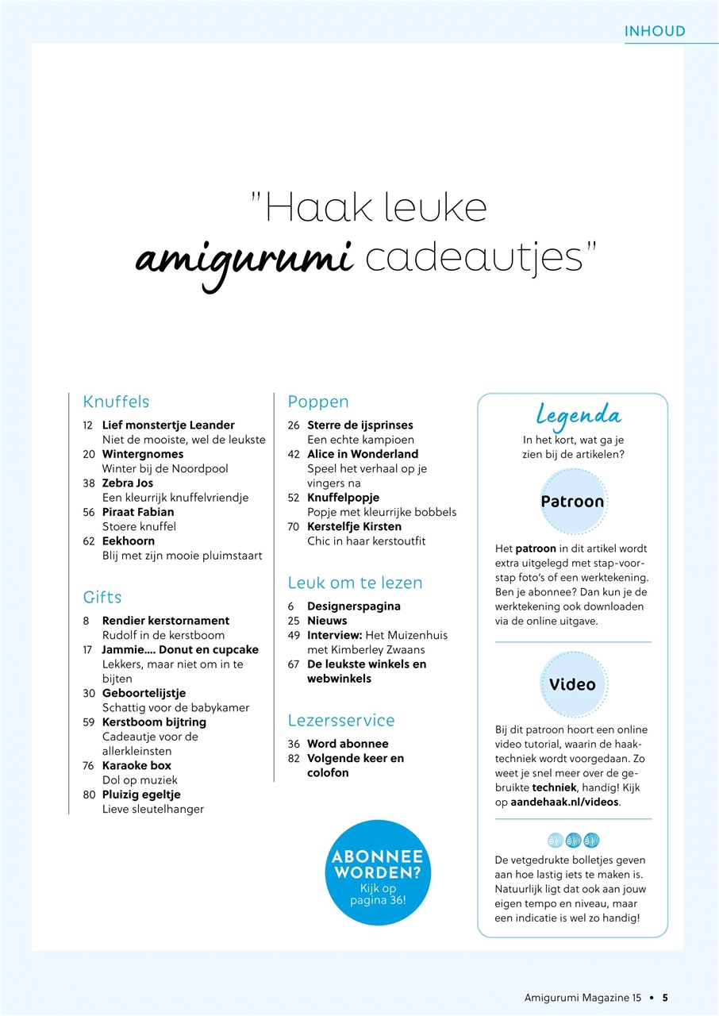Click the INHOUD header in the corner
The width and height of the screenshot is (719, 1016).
[x=655, y=32]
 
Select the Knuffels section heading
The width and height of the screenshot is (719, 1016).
[x=116, y=402]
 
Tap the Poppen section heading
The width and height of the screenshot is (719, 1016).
[x=318, y=402]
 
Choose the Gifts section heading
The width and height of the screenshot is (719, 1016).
[x=102, y=597]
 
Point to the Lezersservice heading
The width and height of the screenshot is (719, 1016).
[x=341, y=721]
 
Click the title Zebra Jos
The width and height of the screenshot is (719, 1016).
[x=128, y=483]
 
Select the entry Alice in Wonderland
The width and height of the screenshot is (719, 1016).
[x=363, y=454]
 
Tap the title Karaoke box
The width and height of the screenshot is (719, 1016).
[x=136, y=765]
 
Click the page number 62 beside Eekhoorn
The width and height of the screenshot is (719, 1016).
[x=88, y=541]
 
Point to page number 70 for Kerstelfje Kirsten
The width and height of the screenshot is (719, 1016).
[x=294, y=526]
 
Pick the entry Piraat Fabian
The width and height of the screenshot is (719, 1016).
[x=138, y=512]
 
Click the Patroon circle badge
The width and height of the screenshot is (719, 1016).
[x=572, y=502]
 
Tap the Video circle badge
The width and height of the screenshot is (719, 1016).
[x=572, y=684]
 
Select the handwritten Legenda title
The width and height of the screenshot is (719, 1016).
[x=579, y=414]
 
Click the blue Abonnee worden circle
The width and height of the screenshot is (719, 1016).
[x=377, y=873]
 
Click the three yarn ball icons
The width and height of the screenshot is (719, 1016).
[x=573, y=840]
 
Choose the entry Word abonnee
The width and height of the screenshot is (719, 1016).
[x=348, y=744]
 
